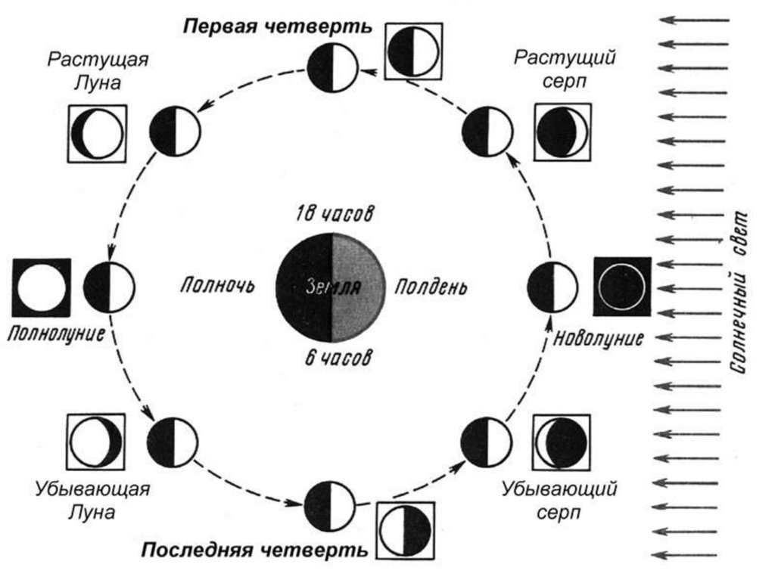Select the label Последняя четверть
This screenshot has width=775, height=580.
click(254, 549)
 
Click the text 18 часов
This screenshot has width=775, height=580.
click(333, 213)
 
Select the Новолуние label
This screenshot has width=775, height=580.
click(599, 338)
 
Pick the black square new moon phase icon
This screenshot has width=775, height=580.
click(621, 286)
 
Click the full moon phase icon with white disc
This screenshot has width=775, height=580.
click(42, 287)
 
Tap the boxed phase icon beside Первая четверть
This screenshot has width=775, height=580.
click(412, 51)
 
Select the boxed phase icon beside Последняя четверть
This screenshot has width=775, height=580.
click(405, 529)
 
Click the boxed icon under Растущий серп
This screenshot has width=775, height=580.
click(561, 132)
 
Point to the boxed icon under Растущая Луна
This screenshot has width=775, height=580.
click(96, 133)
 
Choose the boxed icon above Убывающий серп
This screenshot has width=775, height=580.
click(561, 442)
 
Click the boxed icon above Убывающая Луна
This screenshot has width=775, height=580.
click(95, 442)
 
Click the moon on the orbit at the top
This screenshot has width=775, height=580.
click(331, 68)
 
